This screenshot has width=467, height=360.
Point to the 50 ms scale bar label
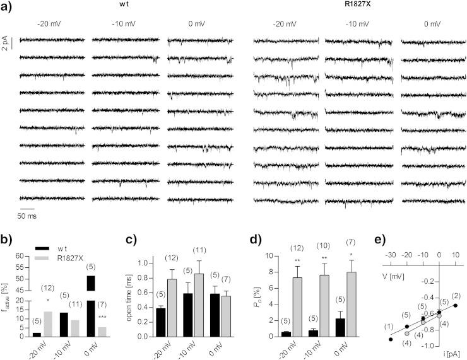click(27, 214)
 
